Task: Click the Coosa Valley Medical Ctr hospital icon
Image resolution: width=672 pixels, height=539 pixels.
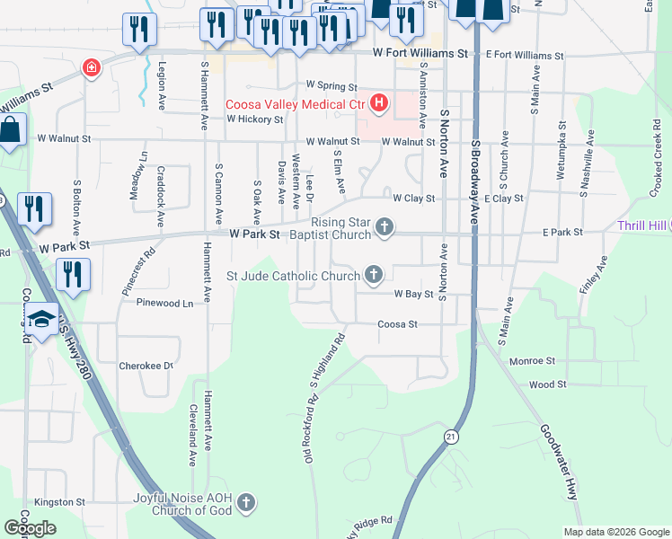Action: click(x=379, y=103)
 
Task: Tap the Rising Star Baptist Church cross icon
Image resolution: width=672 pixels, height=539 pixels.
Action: click(x=385, y=226)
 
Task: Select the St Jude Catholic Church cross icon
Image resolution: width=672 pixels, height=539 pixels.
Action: click(x=373, y=276)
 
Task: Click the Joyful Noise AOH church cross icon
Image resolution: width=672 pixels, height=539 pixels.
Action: click(x=246, y=502)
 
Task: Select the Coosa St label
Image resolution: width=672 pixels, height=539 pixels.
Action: click(x=398, y=323)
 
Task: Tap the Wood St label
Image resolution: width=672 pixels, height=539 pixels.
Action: click(x=548, y=384)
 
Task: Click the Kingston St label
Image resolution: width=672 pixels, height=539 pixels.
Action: click(x=59, y=502)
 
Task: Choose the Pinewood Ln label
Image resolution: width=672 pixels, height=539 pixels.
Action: click(x=164, y=304)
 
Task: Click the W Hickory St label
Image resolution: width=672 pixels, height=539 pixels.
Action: click(x=254, y=118)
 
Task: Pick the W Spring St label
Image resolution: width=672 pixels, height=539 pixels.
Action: click(x=332, y=85)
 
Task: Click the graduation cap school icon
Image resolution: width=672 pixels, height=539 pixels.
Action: click(x=40, y=319)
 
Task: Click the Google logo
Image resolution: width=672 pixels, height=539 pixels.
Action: click(x=30, y=528)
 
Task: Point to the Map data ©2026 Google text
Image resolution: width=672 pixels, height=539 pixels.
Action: click(x=616, y=532)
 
